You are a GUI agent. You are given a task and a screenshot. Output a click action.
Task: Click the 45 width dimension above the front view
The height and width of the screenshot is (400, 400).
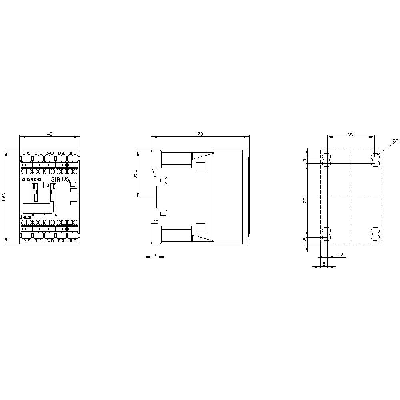pyautogui.click(x=50, y=134)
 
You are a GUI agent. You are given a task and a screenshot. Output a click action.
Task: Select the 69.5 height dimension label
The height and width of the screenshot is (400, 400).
pyautogui.click(x=4, y=197)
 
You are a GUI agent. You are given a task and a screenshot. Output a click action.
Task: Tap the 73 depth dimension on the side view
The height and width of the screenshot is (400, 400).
pyautogui.click(x=200, y=134)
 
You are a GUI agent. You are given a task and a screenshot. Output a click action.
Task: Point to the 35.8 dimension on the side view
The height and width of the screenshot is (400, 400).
pyautogui.click(x=135, y=174)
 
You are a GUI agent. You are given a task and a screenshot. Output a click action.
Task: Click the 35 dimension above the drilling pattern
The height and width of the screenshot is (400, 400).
pyautogui.click(x=351, y=134)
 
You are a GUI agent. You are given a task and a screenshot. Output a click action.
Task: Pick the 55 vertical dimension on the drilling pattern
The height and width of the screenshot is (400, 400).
pyautogui.click(x=304, y=200)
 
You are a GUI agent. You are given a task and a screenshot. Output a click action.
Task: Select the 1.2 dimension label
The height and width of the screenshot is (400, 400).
pyautogui.click(x=340, y=254)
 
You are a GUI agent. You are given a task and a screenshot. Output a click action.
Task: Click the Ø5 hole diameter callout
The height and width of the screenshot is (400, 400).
pyautogui.click(x=395, y=140)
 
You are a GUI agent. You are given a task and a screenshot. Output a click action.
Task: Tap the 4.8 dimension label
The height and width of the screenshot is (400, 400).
pyautogui.click(x=304, y=240)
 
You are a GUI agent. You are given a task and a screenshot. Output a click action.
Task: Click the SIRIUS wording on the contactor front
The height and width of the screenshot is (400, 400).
pyautogui.click(x=60, y=180)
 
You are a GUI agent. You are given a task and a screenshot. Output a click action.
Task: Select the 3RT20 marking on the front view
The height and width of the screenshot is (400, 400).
pyautogui.click(x=26, y=217)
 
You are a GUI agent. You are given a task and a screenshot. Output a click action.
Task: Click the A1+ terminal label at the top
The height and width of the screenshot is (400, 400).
pyautogui.click(x=72, y=154)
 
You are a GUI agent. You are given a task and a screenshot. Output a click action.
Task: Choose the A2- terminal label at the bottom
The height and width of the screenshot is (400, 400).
pyautogui.click(x=72, y=241)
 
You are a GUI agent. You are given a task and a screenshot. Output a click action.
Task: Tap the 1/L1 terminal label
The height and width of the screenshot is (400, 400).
pyautogui.click(x=26, y=154)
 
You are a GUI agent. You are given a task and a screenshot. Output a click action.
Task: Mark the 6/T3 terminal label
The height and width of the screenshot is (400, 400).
pyautogui.click(x=50, y=241)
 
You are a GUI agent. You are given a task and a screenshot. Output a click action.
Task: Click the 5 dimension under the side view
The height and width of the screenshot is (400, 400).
pyautogui.click(x=154, y=254)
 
